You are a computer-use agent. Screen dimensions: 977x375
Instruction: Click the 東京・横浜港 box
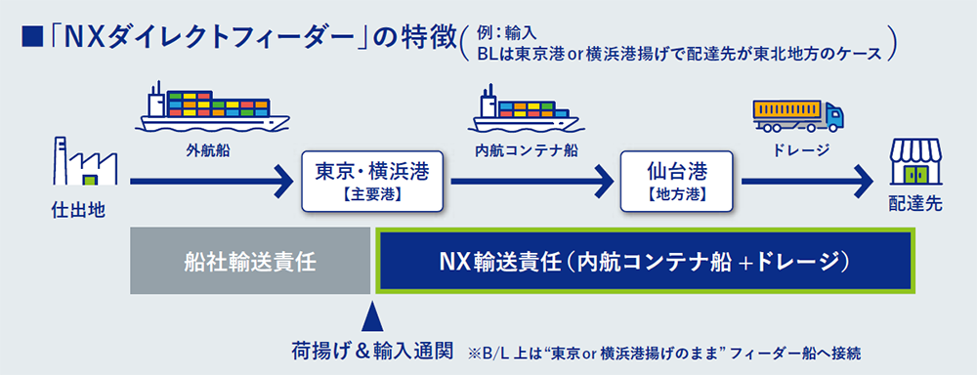[372, 181]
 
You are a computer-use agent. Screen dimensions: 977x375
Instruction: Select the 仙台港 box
[675, 181]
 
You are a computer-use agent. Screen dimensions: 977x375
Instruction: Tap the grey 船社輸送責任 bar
[250, 262]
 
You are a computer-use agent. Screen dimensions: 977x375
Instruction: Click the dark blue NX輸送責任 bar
[644, 262]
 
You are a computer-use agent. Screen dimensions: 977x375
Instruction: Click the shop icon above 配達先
[916, 161]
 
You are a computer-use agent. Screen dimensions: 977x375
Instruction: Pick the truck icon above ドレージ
[798, 117]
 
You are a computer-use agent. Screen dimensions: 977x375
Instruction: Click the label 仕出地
[78, 211]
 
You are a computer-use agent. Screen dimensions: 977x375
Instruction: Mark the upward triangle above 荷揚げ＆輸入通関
[372, 316]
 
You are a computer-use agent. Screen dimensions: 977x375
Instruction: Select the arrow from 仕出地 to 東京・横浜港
[212, 182]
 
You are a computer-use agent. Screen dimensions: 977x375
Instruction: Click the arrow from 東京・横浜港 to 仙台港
[531, 182]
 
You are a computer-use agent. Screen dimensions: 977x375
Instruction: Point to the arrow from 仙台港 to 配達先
[806, 182]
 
